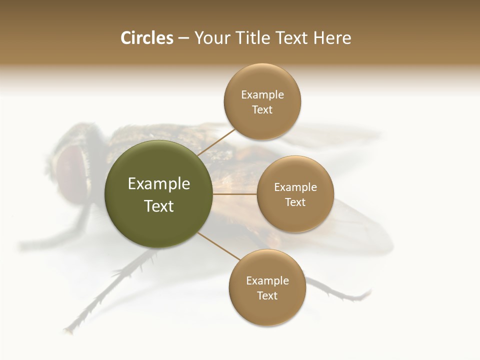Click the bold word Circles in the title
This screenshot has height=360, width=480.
pyautogui.click(x=146, y=38)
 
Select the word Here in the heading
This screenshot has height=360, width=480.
pyautogui.click(x=332, y=38)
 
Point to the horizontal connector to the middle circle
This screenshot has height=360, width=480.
pyautogui.click(x=235, y=194)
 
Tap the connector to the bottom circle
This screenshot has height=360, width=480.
pyautogui.click(x=219, y=245)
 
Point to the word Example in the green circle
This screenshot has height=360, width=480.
pyautogui.click(x=158, y=184)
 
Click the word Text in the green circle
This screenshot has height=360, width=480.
pyautogui.click(x=158, y=206)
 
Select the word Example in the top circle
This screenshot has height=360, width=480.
pyautogui.click(x=262, y=95)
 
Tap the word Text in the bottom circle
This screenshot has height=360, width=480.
pyautogui.click(x=267, y=296)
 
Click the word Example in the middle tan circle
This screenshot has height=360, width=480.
pyautogui.click(x=295, y=187)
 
